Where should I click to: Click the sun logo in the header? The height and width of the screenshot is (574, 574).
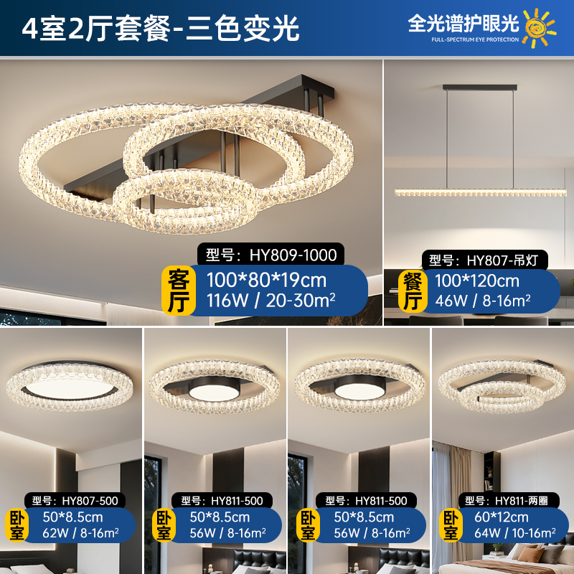click(539, 28)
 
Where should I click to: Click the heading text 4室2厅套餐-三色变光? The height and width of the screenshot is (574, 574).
click(160, 29)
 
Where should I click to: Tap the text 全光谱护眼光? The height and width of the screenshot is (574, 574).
click(464, 24)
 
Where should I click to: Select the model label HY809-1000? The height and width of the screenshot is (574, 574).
click(271, 255)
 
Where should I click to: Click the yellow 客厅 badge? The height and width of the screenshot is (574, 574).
click(179, 291)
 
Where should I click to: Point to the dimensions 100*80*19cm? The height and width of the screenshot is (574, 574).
click(266, 281)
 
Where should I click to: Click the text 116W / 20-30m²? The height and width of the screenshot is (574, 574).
click(271, 301)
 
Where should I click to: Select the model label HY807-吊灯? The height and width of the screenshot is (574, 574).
click(485, 260)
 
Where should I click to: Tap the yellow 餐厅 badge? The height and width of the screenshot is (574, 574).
click(413, 291)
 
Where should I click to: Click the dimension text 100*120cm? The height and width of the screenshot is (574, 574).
click(477, 281)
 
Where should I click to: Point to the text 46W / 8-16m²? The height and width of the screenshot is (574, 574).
click(483, 301)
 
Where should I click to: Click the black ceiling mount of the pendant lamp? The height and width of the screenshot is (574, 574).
click(480, 88)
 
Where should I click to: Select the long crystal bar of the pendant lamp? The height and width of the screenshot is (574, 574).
click(480, 192)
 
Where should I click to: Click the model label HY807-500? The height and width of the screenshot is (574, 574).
click(75, 500)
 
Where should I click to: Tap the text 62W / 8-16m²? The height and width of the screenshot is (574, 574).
click(80, 533)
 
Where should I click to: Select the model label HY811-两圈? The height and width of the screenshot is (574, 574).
click(509, 500)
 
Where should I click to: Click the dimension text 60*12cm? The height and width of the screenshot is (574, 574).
click(502, 517)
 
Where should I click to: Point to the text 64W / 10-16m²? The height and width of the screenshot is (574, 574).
click(515, 533)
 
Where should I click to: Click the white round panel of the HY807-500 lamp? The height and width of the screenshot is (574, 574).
click(70, 388)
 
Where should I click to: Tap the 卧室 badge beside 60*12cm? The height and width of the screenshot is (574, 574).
click(451, 526)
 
